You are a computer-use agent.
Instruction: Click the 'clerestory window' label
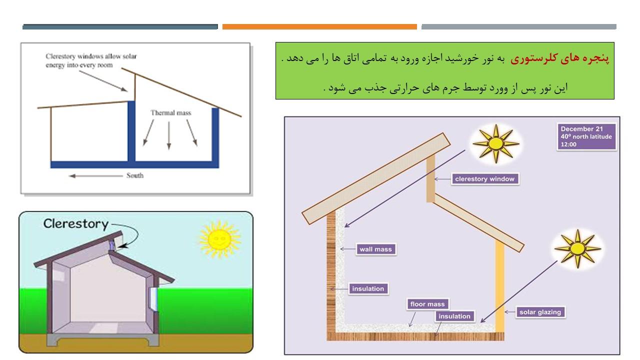[485, 179]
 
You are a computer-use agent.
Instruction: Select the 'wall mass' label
[375, 249]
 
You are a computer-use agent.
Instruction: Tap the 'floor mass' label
[427, 304]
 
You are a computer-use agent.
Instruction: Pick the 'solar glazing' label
[540, 312]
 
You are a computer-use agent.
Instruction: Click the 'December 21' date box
[586, 136]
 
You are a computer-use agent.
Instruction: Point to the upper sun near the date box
[496, 143]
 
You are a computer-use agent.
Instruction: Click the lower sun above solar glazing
[577, 248]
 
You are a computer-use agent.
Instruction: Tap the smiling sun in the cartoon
[219, 239]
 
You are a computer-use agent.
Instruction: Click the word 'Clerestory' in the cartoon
[76, 224]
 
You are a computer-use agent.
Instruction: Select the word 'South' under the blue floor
[135, 175]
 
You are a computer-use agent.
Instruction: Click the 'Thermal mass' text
[171, 113]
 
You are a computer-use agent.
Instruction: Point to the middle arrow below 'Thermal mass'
[169, 135]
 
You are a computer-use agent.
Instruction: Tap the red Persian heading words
[560, 58]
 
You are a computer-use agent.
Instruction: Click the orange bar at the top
[319, 26]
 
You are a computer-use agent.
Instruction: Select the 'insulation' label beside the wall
[368, 289]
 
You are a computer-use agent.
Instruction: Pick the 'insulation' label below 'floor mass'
[454, 316]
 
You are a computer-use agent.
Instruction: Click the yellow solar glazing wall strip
[499, 286]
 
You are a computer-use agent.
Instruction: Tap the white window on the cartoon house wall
[153, 299]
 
